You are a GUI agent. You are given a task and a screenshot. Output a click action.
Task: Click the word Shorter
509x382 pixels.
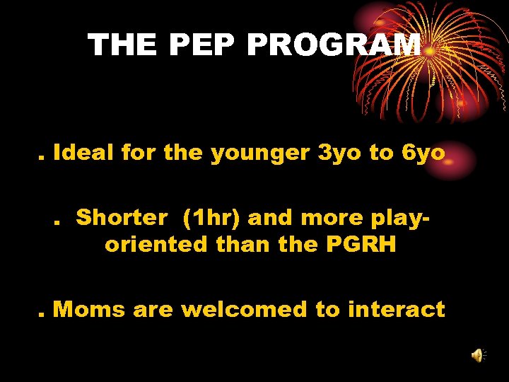point(122,217)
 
